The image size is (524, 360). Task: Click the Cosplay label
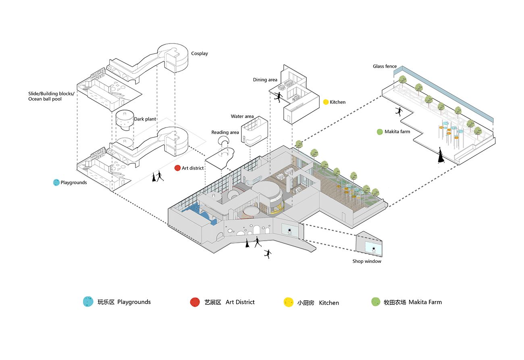pyautogui.click(x=200, y=54)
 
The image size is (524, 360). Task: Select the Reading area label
pyautogui.click(x=225, y=132)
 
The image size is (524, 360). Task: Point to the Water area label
pyautogui.click(x=242, y=117)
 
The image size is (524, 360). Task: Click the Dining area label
pyautogui.click(x=265, y=80)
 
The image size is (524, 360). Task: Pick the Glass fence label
pyautogui.click(x=385, y=67)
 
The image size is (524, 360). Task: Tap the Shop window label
pyautogui.click(x=367, y=261)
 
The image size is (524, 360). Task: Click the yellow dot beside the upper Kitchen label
pyautogui.click(x=326, y=102)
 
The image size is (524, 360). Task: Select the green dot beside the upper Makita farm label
pyautogui.click(x=379, y=132)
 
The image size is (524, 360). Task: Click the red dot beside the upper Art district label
pyautogui.click(x=177, y=168)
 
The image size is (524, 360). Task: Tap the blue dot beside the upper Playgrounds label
pyautogui.click(x=56, y=183)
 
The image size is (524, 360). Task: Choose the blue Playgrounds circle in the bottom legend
pyautogui.click(x=87, y=302)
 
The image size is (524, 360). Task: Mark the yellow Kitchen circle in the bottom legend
pyautogui.click(x=288, y=302)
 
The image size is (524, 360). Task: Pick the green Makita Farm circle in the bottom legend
pyautogui.click(x=376, y=302)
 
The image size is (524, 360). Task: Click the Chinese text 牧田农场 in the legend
pyautogui.click(x=395, y=302)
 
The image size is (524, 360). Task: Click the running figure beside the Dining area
pyautogui.click(x=277, y=97)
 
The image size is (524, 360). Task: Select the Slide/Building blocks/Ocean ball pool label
pyautogui.click(x=51, y=96)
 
